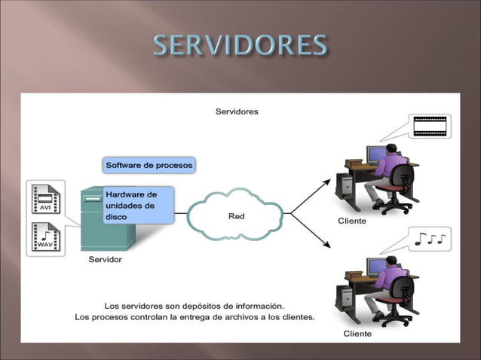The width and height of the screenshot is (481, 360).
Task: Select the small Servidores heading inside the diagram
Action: (237, 111)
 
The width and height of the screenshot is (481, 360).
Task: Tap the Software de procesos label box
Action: (149, 164)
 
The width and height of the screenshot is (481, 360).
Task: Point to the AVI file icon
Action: (45, 198)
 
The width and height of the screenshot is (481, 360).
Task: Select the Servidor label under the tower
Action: (105, 260)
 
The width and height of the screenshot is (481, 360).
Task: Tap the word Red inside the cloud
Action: (236, 216)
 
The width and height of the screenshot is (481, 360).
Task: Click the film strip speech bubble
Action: (430, 126)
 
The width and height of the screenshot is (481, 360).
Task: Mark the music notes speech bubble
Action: (430, 239)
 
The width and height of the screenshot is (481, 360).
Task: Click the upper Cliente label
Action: (351, 221)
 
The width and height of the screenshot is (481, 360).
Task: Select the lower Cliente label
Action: (357, 333)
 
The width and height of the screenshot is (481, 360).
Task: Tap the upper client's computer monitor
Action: (375, 154)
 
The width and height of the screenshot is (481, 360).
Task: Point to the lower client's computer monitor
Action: (375, 267)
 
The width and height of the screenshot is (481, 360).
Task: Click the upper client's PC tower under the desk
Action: (345, 185)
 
